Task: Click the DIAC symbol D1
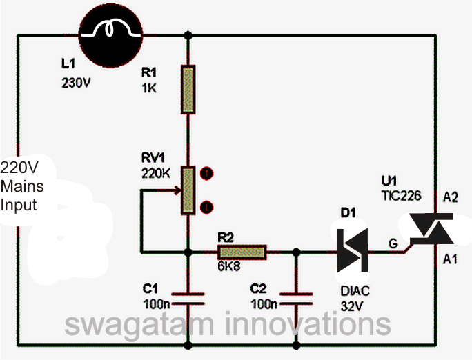tap(351, 252)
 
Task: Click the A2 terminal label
tap(450, 197)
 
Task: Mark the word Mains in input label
tap(22, 186)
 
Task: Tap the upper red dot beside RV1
tap(206, 172)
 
